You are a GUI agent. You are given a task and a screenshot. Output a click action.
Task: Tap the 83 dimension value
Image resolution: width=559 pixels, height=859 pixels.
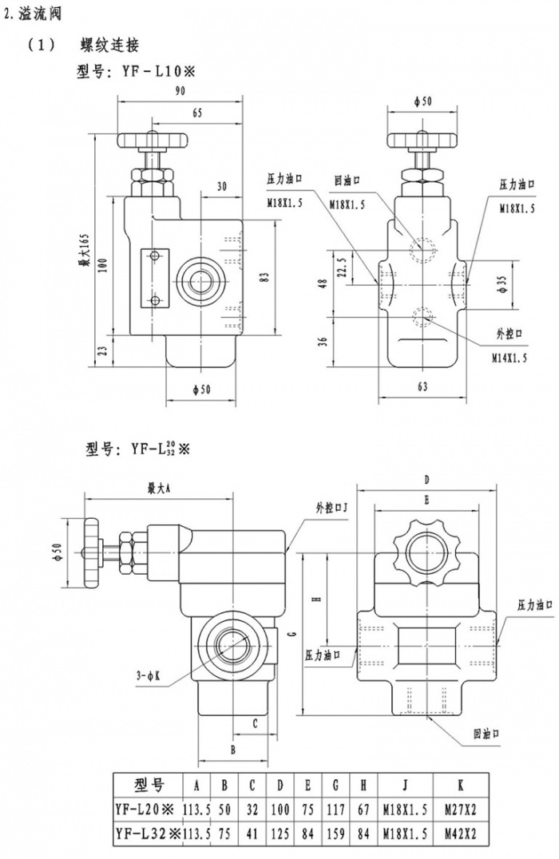pyautogui.click(x=265, y=275)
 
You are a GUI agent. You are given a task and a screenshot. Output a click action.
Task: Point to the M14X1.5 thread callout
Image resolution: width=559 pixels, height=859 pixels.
pyautogui.click(x=509, y=358)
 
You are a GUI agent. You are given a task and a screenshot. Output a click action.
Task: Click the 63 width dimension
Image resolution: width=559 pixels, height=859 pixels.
pyautogui.click(x=422, y=386)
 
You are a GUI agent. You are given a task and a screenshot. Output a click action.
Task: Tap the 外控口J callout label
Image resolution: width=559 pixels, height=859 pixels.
pyautogui.click(x=331, y=506)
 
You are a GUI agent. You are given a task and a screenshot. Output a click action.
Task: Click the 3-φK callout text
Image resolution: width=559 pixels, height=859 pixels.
pyautogui.click(x=149, y=675)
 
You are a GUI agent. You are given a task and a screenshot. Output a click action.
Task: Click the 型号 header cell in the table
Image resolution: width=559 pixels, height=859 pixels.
pyautogui.click(x=149, y=782)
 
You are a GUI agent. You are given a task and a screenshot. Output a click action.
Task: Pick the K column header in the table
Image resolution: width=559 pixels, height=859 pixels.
pyautogui.click(x=462, y=783)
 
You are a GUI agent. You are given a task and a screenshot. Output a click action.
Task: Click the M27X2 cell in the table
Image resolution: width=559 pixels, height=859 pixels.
pyautogui.click(x=462, y=809)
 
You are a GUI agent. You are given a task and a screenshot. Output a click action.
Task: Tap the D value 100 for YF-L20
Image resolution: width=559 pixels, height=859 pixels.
pyautogui.click(x=279, y=809)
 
